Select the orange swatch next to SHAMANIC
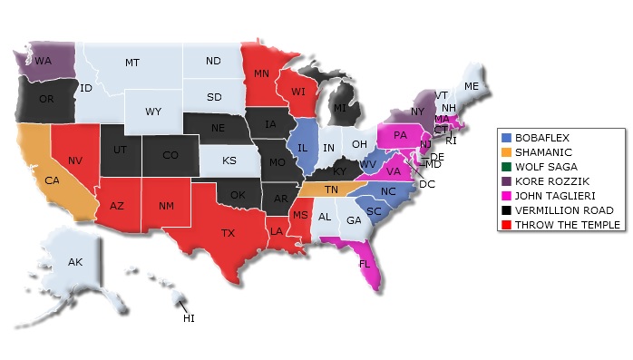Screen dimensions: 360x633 tap(505, 151)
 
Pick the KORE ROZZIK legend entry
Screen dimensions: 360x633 tap(550, 180)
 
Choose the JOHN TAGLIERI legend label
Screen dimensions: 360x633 tap(555, 195)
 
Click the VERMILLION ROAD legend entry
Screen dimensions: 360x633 tap(562, 209)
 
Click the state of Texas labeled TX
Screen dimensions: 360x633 tap(228, 233)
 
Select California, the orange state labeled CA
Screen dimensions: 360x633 tap(52, 180)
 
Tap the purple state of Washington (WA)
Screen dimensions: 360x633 tap(43, 62)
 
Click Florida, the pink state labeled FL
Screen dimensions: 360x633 tap(365, 264)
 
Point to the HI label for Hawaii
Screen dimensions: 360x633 tap(189, 318)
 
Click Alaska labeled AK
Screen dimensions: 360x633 tap(75, 262)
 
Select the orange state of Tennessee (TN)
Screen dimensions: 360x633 tap(332, 190)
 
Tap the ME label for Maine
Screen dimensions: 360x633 tap(471, 86)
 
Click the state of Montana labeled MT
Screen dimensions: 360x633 tap(131, 63)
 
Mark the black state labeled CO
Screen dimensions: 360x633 tap(170, 155)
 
